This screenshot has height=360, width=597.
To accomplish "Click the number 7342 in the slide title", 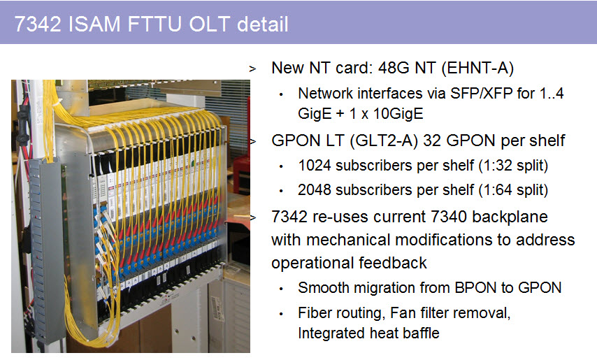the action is [x=38, y=24].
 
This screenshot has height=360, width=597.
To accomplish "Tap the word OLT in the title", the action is [x=209, y=24].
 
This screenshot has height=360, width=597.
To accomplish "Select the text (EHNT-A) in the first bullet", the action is [x=478, y=69].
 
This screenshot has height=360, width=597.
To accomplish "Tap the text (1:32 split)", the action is [x=513, y=166].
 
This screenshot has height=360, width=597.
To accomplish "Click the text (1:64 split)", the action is [x=513, y=190].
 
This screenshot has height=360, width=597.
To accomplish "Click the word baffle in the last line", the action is [x=421, y=333].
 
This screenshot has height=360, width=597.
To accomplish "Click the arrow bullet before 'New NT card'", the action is [x=252, y=69].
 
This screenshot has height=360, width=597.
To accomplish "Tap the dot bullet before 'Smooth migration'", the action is [x=281, y=289].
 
